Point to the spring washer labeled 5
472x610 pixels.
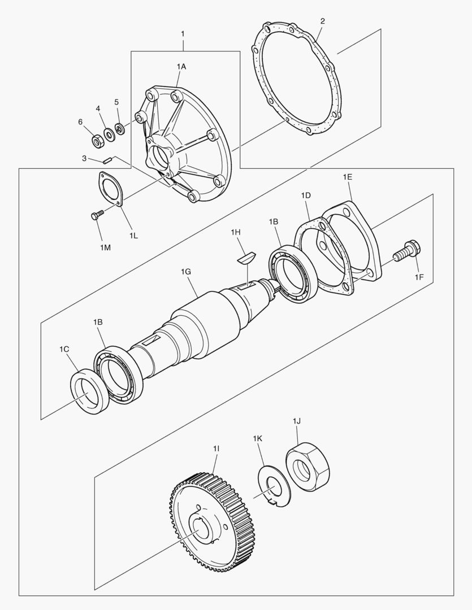tap(119, 129)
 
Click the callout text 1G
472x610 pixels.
tap(187, 272)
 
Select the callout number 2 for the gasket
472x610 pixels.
tap(322, 21)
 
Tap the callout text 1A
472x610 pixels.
tap(181, 67)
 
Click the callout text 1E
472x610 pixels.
tap(348, 177)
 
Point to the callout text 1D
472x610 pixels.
tap(306, 195)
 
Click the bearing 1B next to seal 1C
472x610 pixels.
tap(119, 375)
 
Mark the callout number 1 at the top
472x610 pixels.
tap(183, 34)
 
